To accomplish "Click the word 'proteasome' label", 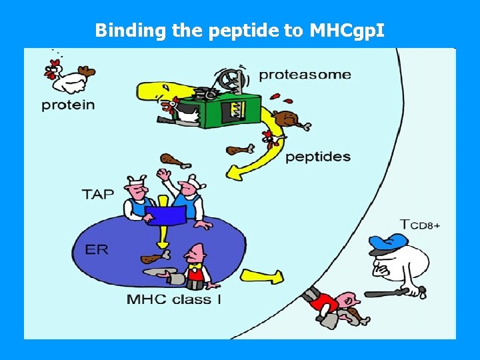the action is coord(304,74).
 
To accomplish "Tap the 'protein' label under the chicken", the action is coord(68,105).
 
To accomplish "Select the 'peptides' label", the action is coord(317,157).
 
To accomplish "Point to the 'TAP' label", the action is coord(97,194).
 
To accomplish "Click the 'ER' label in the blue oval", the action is coord(97,249).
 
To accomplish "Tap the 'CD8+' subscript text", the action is coord(425,226).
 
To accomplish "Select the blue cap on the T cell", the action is coord(387,241).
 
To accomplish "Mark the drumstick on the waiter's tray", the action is coord(153,258).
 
